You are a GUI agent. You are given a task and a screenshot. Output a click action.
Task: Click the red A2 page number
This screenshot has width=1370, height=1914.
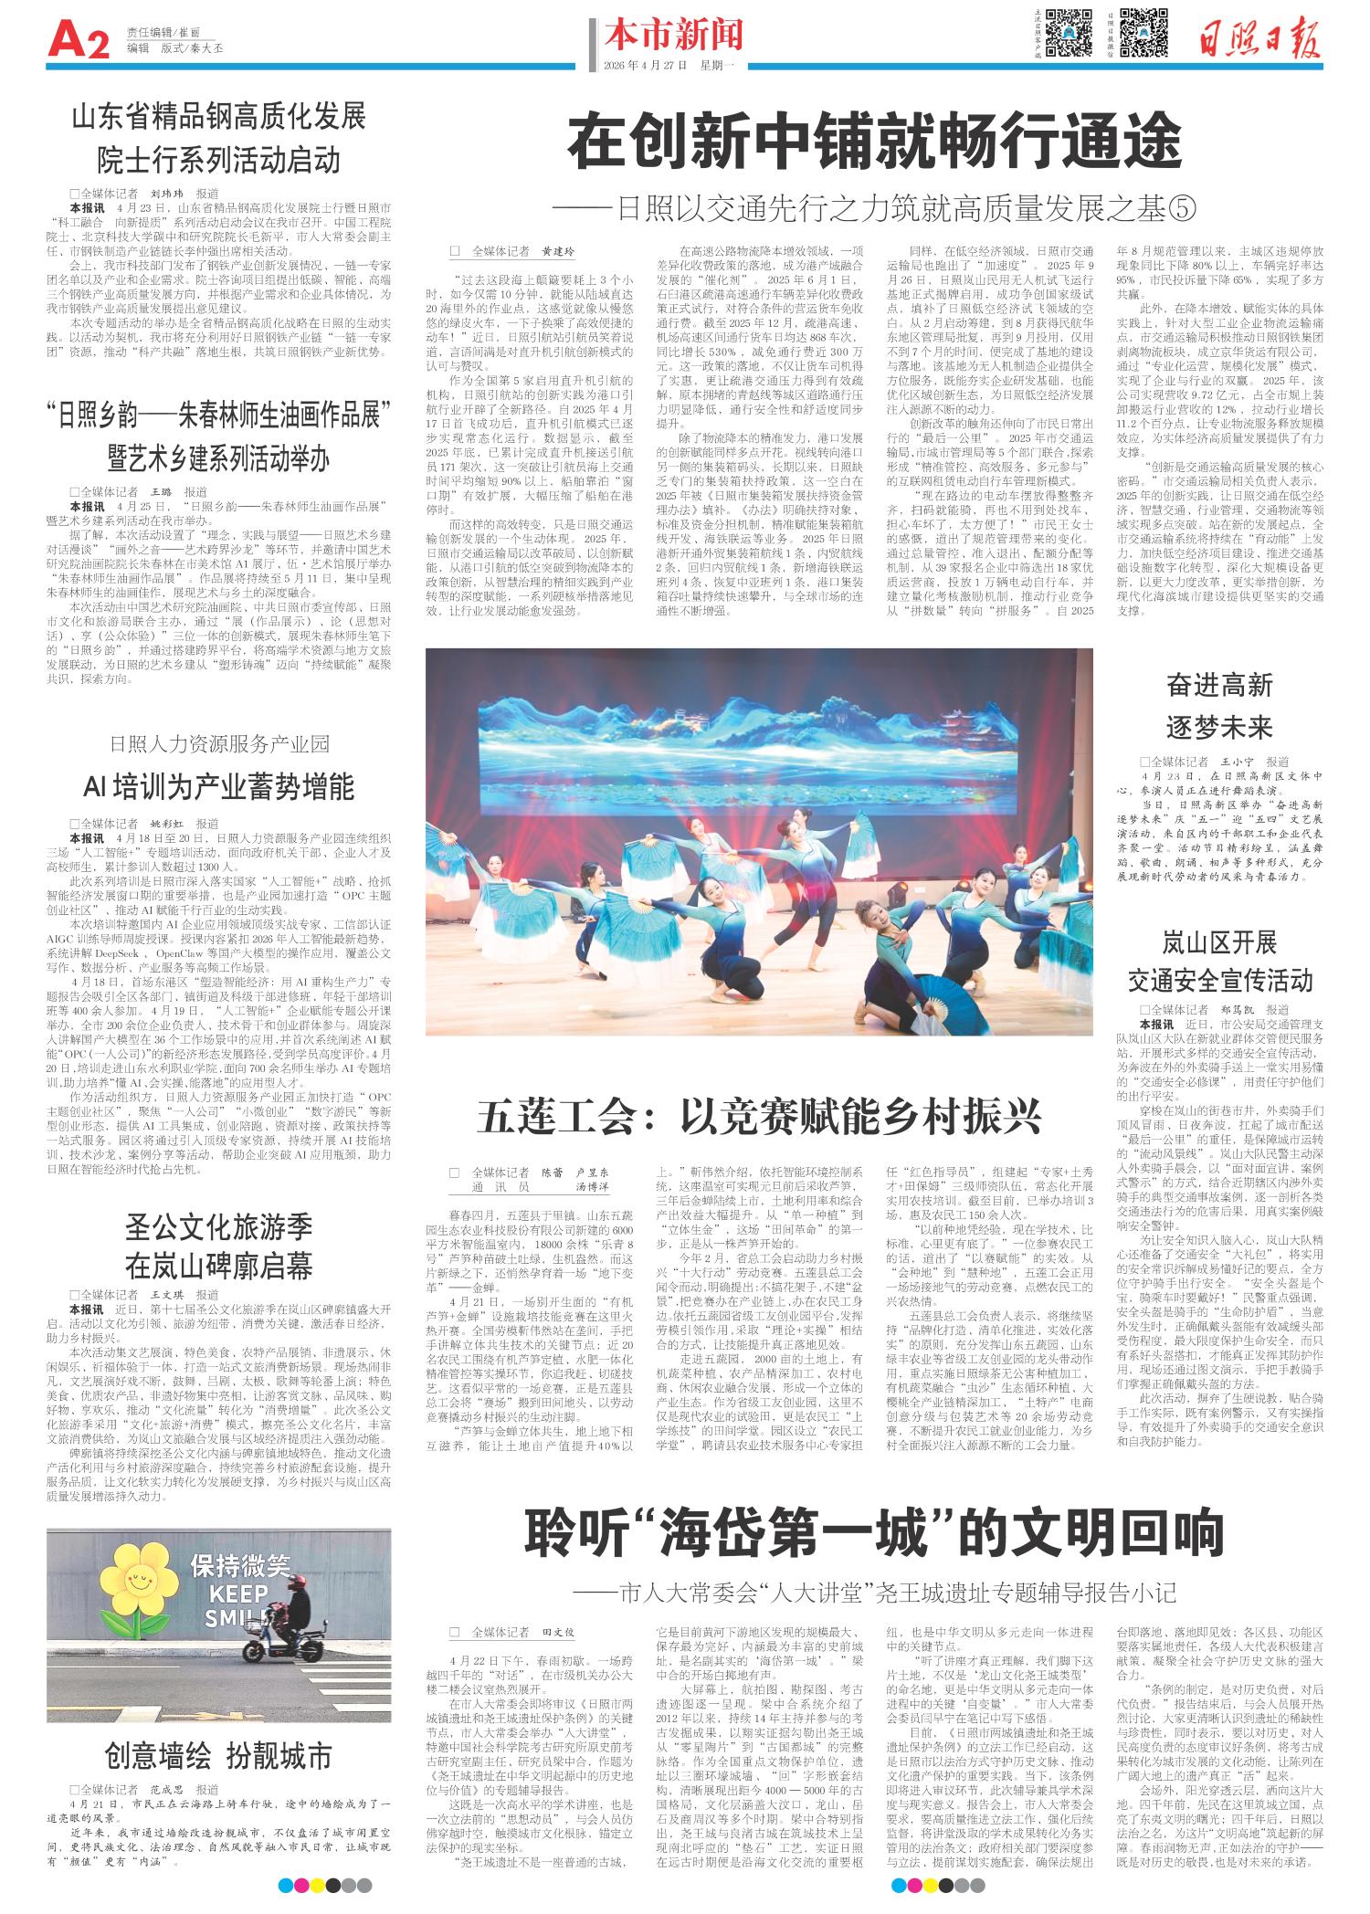(78, 40)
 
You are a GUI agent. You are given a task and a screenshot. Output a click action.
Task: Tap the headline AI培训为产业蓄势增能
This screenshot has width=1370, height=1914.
(218, 786)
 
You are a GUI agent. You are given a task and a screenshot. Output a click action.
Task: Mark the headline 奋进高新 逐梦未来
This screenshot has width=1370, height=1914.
(1219, 707)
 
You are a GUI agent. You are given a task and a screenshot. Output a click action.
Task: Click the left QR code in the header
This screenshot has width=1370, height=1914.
(1070, 33)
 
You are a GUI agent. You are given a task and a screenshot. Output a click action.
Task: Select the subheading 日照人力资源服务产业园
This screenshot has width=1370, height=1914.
(218, 743)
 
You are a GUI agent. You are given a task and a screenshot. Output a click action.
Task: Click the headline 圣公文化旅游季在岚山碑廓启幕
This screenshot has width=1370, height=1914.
(218, 1245)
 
